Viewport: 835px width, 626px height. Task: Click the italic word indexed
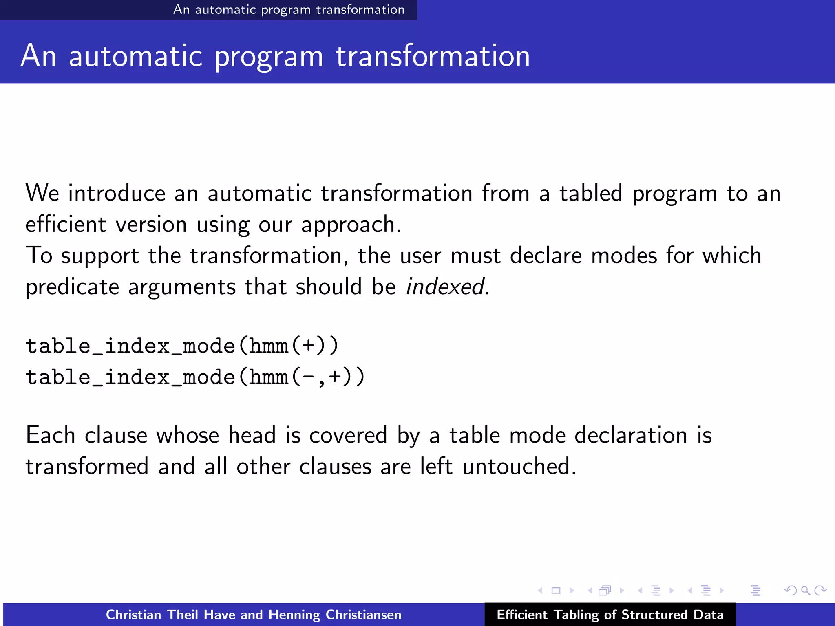[445, 287]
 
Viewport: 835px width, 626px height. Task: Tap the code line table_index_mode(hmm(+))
[182, 346]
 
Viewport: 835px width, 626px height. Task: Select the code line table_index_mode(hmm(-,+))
[195, 377]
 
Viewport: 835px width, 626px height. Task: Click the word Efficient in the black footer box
[521, 615]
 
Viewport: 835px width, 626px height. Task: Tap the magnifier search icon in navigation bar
[805, 590]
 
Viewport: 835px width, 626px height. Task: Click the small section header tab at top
[289, 9]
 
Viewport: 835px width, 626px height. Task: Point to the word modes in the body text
[624, 256]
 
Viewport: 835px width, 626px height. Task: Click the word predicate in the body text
[72, 287]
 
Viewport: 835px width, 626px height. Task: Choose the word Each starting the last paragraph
[50, 435]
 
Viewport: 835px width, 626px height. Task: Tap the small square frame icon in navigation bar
[556, 590]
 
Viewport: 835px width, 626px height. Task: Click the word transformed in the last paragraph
[87, 466]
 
